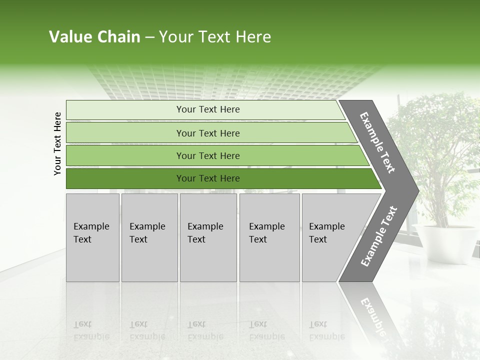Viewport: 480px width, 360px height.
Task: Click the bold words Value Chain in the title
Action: pos(94,37)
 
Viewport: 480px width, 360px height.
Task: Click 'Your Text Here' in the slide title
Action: pos(215,37)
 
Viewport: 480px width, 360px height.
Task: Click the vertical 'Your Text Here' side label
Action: pos(57,143)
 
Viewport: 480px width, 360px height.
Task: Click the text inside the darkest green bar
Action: pos(208,178)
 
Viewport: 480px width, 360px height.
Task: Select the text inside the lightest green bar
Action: pos(208,109)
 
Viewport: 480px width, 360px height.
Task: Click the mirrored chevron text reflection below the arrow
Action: pos(372,315)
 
